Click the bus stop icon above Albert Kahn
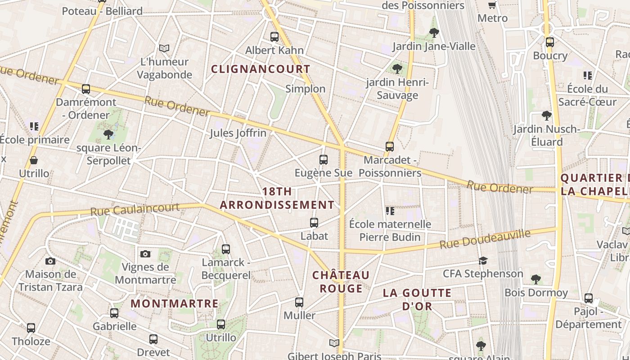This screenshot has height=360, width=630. pyautogui.click(x=274, y=37)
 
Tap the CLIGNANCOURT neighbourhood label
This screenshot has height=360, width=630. pyautogui.click(x=261, y=69)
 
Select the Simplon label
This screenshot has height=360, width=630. pyautogui.click(x=305, y=89)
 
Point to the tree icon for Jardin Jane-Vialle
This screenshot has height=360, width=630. pyautogui.click(x=434, y=32)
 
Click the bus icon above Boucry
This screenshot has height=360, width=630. pyautogui.click(x=549, y=42)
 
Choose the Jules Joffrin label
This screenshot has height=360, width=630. pyautogui.click(x=238, y=133)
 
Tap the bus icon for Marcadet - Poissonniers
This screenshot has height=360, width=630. pyautogui.click(x=390, y=147)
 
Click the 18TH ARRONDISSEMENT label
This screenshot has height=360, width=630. pyautogui.click(x=277, y=198)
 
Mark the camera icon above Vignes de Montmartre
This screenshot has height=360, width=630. pyautogui.click(x=145, y=254)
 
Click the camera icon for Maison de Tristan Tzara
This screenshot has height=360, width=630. pyautogui.click(x=50, y=261)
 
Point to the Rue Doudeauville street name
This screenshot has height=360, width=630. pyautogui.click(x=485, y=239)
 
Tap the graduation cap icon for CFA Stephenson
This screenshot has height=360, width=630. pyautogui.click(x=483, y=261)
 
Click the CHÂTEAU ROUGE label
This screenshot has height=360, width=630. pyautogui.click(x=341, y=282)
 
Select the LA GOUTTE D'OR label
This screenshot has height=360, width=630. pyautogui.click(x=417, y=300)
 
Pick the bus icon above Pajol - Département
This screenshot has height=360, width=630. pyautogui.click(x=588, y=298)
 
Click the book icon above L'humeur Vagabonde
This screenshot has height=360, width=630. pyautogui.click(x=164, y=48)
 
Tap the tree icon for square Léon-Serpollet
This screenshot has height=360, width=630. pyautogui.click(x=108, y=134)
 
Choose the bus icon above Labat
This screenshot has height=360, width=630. pyautogui.click(x=314, y=222)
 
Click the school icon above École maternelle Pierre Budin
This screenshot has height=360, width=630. pyautogui.click(x=390, y=211)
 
